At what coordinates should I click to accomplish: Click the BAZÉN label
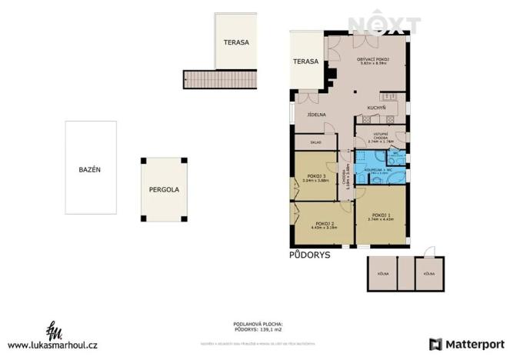pos(90,169)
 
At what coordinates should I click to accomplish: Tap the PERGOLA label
pos(164,188)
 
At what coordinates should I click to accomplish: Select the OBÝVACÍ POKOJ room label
pos(372,59)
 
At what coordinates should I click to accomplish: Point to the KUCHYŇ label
pos(376,107)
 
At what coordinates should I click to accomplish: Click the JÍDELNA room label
pos(317,115)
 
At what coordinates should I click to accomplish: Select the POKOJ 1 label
pos(382,215)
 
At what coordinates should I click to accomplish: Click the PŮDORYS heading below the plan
pos(309,255)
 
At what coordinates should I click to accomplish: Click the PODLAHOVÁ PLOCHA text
pos(258,324)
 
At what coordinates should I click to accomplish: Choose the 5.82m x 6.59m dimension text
pos(372,64)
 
